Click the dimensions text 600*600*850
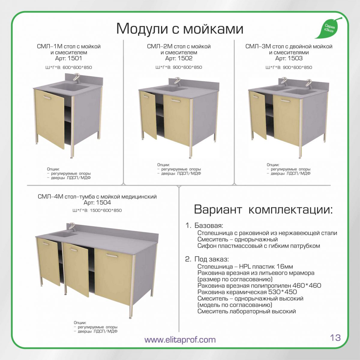pos(77,67)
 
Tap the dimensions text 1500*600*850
pos(106,211)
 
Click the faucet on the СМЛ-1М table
pos(76,79)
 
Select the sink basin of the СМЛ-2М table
pos(171,89)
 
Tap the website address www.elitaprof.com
pos(180,339)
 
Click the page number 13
pos(335,337)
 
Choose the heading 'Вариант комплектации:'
pos(263,209)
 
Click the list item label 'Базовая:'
pos(209,226)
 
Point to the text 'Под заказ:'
pos(211,259)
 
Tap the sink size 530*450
pos(283,292)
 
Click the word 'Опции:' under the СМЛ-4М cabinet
pos(80,323)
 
